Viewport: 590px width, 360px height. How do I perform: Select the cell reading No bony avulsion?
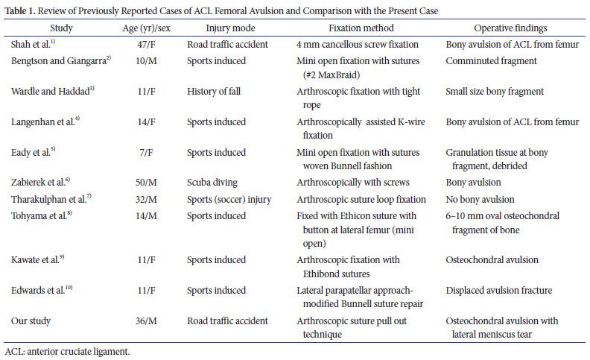481,199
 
